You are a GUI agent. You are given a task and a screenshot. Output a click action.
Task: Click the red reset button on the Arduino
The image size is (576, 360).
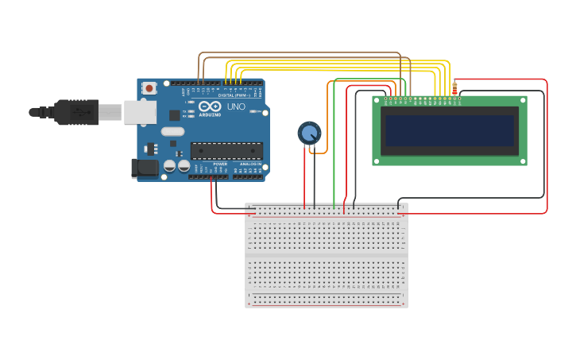[149, 88]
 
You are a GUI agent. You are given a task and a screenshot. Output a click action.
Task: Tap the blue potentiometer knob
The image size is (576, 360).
[309, 133]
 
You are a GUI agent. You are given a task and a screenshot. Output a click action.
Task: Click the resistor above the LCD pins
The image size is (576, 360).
[454, 87]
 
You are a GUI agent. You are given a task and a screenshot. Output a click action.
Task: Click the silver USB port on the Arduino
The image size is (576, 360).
[139, 112]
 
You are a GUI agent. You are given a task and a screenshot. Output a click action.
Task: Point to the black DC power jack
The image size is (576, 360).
[145, 167]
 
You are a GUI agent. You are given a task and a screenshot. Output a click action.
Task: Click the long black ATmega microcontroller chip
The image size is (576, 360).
[226, 150]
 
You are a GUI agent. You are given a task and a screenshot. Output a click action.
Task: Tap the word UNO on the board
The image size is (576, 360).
[236, 106]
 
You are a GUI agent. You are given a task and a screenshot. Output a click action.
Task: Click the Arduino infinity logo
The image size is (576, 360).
[211, 106]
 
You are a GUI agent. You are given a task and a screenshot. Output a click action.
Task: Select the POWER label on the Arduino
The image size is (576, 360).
[220, 164]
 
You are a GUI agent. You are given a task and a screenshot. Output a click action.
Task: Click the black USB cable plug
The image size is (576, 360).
[75, 112]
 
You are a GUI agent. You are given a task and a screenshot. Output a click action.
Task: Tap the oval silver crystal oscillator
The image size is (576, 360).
[172, 132]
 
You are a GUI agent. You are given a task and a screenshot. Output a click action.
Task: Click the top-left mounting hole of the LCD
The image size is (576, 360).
[377, 100]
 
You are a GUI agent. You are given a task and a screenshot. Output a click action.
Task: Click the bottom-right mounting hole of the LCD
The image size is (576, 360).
[522, 161]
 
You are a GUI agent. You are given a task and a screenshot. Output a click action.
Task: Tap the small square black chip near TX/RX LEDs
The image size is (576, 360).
[174, 116]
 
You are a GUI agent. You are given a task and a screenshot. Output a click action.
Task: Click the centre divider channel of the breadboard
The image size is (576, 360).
[326, 256]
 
